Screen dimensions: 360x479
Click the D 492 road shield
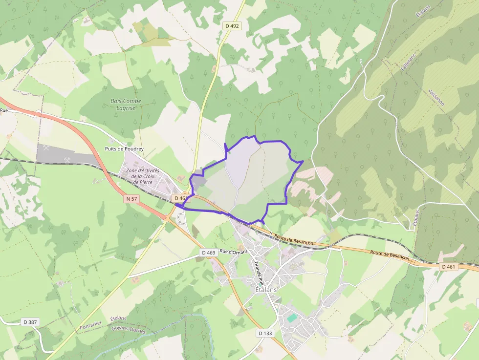pyautogui.click(x=232, y=26)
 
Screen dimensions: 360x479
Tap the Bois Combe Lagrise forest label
pyautogui.click(x=126, y=104)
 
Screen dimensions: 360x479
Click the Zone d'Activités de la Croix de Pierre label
pyautogui.click(x=143, y=176)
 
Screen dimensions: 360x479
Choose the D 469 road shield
pyautogui.click(x=208, y=253)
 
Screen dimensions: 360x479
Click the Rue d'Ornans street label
pyautogui.click(x=234, y=252)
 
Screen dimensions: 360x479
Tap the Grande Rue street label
pyautogui.click(x=258, y=273)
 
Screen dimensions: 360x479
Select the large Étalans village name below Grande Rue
pyautogui.click(x=266, y=289)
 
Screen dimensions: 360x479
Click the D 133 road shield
pyautogui.click(x=264, y=333)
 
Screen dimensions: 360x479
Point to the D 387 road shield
pyautogui.click(x=30, y=322)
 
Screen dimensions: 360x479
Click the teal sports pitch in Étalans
pyautogui.click(x=292, y=318)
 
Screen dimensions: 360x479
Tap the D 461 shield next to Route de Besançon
pyautogui.click(x=448, y=267)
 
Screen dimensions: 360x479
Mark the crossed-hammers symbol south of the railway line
pyautogui.click(x=97, y=181)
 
